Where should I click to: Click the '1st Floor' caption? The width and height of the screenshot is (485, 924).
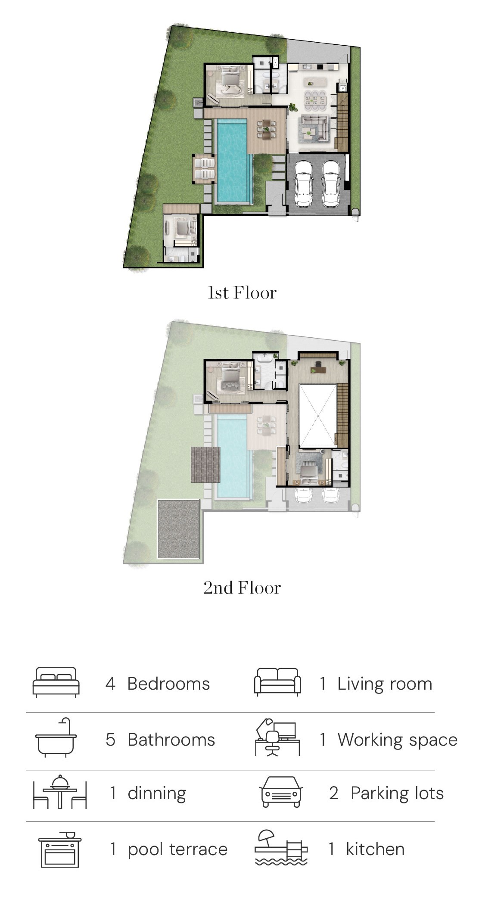(x=242, y=293)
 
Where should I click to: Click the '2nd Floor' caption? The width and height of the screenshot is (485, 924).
(x=242, y=588)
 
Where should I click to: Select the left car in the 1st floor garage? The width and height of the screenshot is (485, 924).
(x=304, y=183)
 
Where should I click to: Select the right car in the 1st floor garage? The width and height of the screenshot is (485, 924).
(x=332, y=183)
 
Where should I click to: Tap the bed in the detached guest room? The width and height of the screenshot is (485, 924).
(x=183, y=227)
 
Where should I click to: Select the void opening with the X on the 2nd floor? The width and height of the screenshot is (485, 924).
(x=317, y=416)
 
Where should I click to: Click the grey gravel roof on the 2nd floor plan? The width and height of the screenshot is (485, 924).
(x=178, y=529)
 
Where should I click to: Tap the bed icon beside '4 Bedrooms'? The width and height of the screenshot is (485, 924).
(x=56, y=682)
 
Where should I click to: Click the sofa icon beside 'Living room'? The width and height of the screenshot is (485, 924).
(x=278, y=682)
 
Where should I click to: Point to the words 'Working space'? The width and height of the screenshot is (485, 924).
(x=397, y=740)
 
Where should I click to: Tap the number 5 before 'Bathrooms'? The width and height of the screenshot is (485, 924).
(x=110, y=740)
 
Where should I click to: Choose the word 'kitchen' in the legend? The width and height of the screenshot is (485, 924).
(x=375, y=849)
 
